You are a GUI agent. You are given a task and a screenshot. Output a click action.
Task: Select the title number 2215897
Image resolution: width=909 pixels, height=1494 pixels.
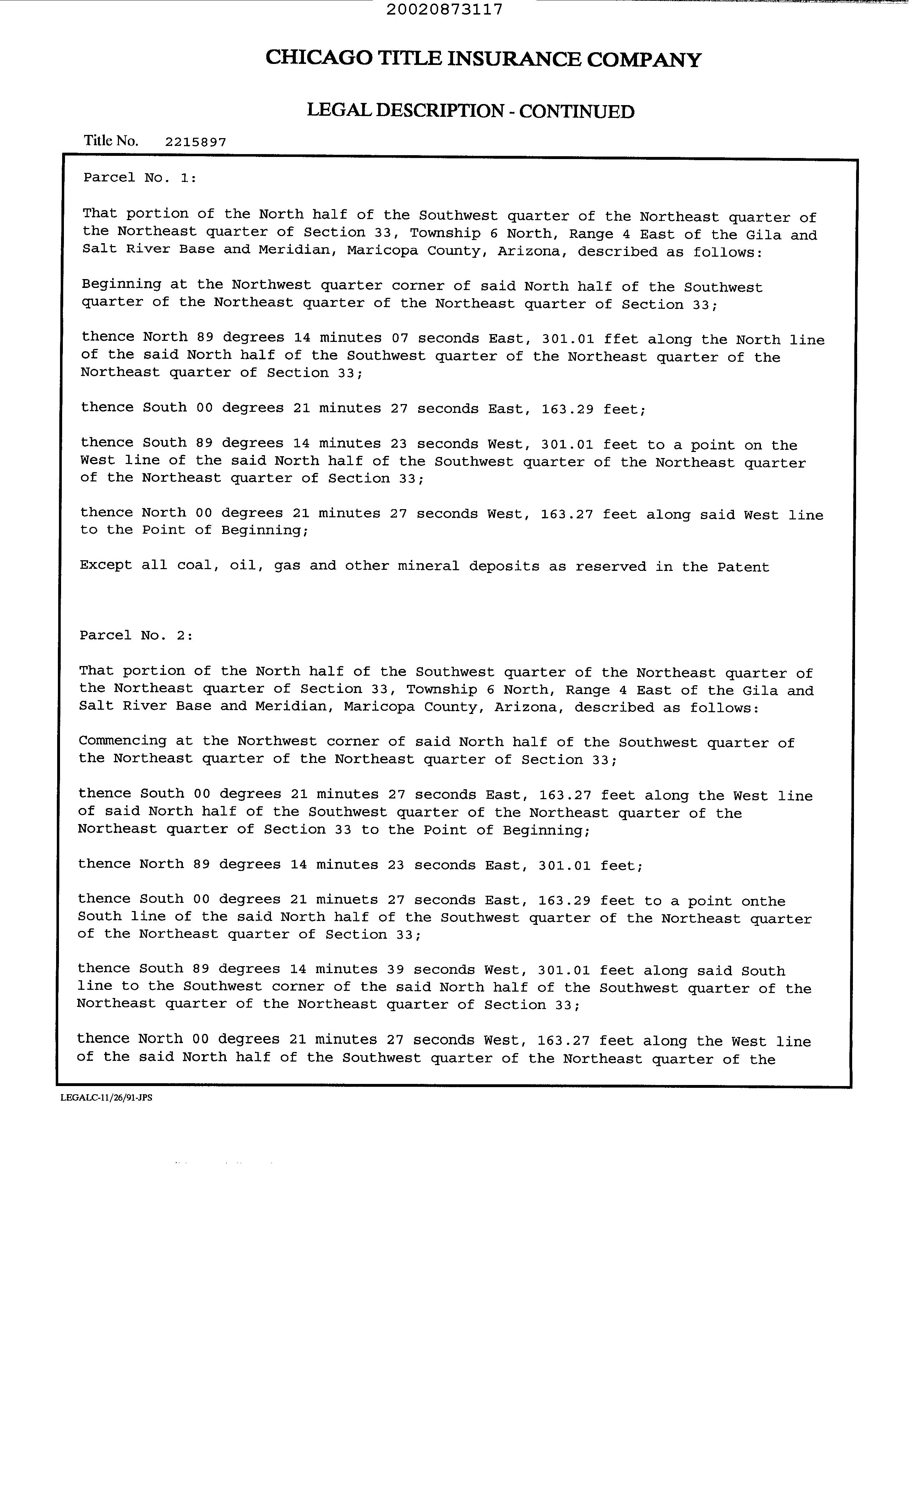(x=195, y=142)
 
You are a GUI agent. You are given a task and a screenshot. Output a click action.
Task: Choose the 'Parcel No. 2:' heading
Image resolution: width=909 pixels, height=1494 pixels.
(x=136, y=636)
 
